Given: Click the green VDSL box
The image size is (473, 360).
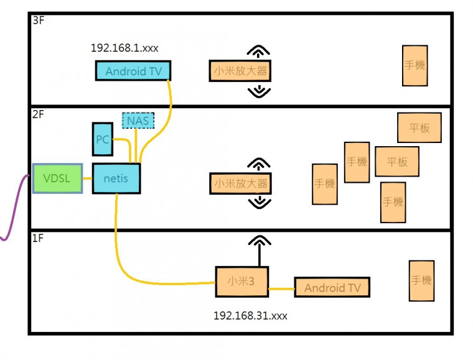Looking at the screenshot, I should point(57,178).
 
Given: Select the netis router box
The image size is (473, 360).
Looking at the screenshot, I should point(116,178).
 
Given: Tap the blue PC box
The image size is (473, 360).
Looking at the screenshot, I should point(103,139).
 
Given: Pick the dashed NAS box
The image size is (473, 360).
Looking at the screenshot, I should point(138,120).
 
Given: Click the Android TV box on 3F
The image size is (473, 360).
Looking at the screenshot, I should point(133,71).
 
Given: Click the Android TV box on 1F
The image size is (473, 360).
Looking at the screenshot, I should point(332,287).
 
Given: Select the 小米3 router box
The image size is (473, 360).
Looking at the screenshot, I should point(241,281).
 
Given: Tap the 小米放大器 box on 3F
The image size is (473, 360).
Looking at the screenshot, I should point(240,71).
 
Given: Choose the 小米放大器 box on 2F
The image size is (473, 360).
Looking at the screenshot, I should point(240,183).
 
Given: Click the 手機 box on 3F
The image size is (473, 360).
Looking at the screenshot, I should point(414,65).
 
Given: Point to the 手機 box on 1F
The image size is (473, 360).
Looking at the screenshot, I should point(421,281).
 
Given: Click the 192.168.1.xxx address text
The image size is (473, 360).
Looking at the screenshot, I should point(128,47).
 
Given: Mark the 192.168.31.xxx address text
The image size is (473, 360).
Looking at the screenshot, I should point(250,316).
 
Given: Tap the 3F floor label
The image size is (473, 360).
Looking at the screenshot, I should point(39,21).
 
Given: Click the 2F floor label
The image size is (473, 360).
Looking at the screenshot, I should point(39,114).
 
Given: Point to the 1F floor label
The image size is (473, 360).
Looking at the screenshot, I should point(39,238).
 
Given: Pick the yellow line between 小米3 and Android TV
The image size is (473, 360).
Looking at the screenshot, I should point(281,288).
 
